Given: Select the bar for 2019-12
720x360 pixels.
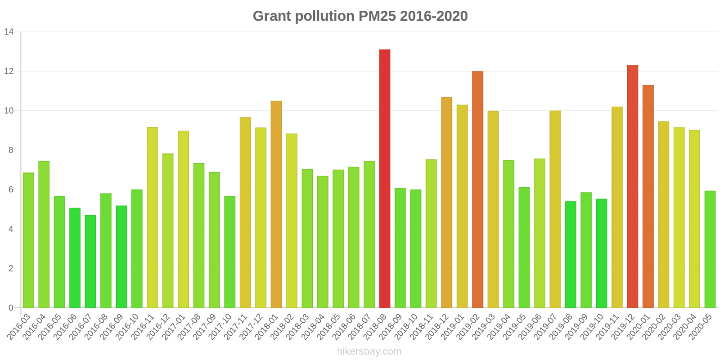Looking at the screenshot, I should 632,187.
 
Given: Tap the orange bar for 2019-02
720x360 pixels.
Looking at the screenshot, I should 477,189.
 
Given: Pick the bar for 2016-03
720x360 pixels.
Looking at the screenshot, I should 28,240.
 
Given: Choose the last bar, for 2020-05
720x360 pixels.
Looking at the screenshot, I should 710,249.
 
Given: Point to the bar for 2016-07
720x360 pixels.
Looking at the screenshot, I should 90,261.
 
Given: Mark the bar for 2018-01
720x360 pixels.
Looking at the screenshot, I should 276,204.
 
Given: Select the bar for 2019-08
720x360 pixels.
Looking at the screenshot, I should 571,255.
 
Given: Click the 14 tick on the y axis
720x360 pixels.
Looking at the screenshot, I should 9,32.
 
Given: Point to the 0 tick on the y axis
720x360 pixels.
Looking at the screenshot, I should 11,308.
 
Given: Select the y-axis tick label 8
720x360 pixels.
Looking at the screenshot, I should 11,150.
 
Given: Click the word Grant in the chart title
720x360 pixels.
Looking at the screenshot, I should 272,16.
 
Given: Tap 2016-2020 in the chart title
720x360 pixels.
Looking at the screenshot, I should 433,16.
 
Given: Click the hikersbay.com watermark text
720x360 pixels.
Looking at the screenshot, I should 369,351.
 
